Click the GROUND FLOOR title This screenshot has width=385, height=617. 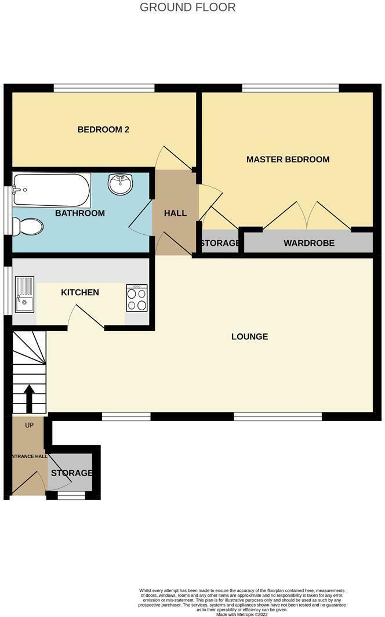click(188, 8)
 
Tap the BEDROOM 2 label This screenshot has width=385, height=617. click(103, 130)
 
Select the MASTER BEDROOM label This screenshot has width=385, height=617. click(288, 159)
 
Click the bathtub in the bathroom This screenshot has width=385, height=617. click(52, 190)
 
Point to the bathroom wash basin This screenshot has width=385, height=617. click(121, 184)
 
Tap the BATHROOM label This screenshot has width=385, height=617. click(80, 213)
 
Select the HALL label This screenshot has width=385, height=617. click(175, 213)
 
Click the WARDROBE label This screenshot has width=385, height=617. click(308, 243)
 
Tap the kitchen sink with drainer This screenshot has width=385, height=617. click(24, 293)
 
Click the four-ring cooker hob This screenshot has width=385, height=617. click(137, 298)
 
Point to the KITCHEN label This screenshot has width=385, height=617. click(80, 292)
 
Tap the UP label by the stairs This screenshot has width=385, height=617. click(29, 425)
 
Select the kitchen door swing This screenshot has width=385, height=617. click(86, 318)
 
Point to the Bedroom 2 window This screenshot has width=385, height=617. click(104, 88)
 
